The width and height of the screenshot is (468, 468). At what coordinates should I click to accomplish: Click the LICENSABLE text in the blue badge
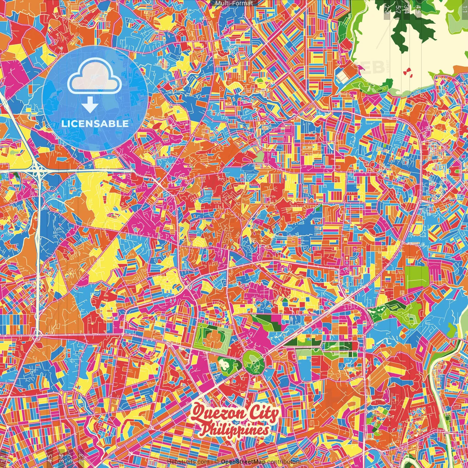(x=95, y=124)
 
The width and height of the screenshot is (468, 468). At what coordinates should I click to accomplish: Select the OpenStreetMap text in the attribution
(x=243, y=462)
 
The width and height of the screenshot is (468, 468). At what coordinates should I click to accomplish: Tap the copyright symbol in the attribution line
(x=217, y=462)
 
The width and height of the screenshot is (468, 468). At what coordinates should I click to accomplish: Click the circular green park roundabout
(x=253, y=361)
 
